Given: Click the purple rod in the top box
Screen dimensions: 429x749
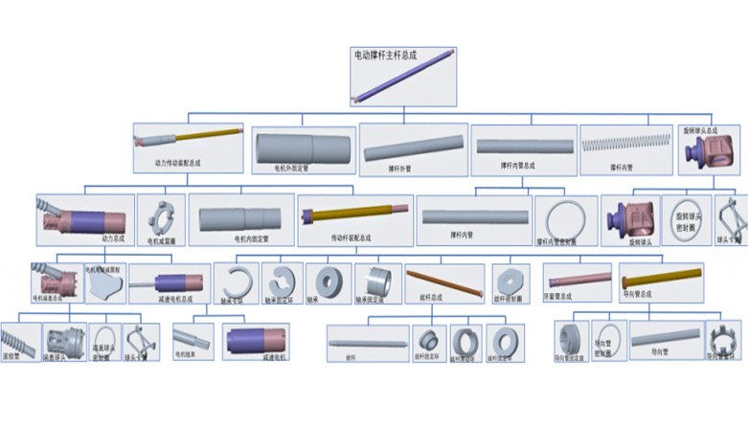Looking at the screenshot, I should point(401,78).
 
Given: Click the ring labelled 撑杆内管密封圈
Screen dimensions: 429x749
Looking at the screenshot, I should point(566,217).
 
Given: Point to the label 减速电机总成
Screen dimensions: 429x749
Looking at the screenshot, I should point(169,298).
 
